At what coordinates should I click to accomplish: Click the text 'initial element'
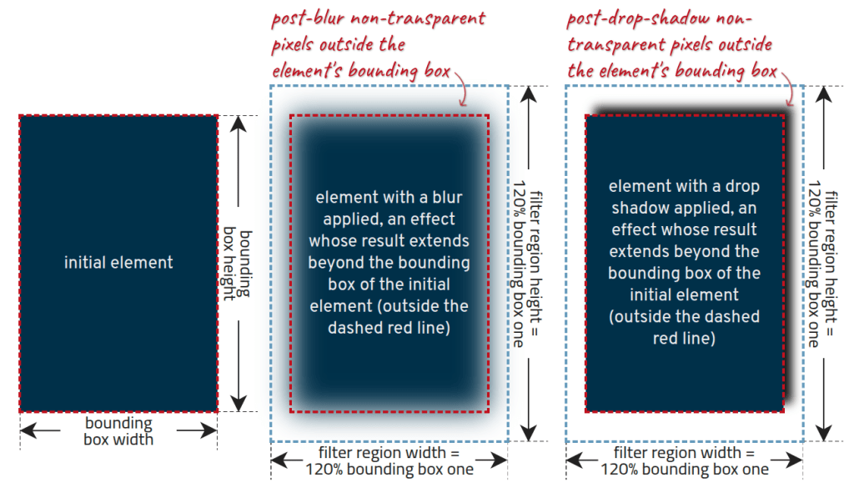tap(118, 263)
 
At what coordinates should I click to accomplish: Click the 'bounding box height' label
tap(239, 263)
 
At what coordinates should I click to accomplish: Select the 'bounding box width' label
tap(118, 430)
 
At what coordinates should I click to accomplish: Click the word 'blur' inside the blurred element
tap(447, 198)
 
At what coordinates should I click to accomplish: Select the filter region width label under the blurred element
tap(389, 460)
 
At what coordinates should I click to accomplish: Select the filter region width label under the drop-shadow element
tap(684, 460)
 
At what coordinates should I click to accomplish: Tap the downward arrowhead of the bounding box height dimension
tap(239, 404)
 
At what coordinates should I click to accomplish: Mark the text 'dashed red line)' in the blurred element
tap(389, 328)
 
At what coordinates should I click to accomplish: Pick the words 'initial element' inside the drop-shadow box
tap(684, 294)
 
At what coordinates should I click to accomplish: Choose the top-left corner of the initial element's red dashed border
tap(19, 115)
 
